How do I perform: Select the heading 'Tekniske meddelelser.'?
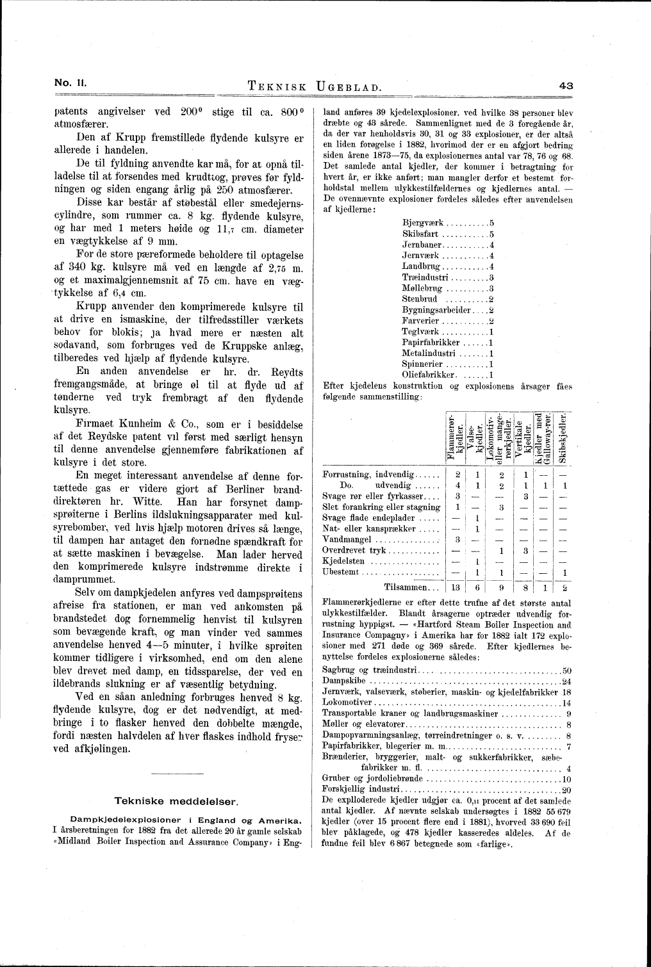click(176, 801)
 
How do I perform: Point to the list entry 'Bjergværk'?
click(423, 223)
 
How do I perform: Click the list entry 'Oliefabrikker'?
click(429, 375)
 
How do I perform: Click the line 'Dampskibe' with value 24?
click(343, 681)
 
